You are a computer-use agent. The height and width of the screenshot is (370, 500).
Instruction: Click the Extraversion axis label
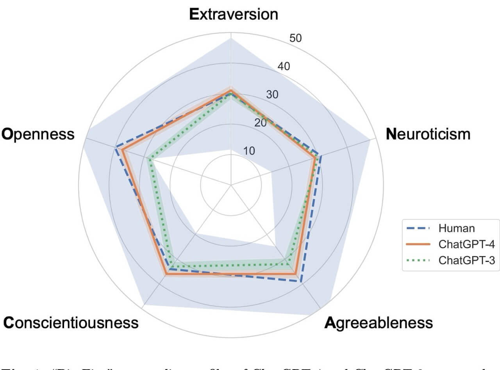[x=234, y=14]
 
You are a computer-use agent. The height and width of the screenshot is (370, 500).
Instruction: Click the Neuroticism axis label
[x=428, y=134]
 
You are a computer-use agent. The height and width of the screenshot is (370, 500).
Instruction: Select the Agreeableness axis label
[x=379, y=323]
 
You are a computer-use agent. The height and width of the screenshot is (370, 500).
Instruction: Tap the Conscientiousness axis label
[x=71, y=323]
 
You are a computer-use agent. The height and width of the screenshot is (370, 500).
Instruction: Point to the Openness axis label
[x=38, y=134]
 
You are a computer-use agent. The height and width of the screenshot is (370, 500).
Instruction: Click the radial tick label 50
[x=295, y=38]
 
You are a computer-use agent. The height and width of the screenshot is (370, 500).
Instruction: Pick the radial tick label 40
[x=284, y=66]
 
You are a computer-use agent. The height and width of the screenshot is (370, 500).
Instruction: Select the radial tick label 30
[x=272, y=95]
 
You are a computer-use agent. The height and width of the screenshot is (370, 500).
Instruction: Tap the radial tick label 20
[x=261, y=123]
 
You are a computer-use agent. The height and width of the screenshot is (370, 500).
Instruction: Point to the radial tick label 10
[x=249, y=151]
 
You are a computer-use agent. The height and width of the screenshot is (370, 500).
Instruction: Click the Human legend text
[x=457, y=228]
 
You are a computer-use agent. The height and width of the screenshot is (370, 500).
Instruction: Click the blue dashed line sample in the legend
[x=418, y=228]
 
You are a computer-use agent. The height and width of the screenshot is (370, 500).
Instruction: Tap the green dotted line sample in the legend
[x=418, y=260]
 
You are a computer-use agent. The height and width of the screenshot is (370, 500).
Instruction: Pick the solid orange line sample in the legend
[x=418, y=244]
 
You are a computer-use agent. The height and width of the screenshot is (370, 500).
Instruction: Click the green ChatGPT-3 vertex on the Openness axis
[x=148, y=158]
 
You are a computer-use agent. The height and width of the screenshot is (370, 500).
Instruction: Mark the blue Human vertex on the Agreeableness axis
[x=301, y=281]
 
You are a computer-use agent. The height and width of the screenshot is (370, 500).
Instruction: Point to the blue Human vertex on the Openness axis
[x=116, y=148]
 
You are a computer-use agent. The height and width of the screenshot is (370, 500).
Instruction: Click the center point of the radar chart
[x=231, y=185]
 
